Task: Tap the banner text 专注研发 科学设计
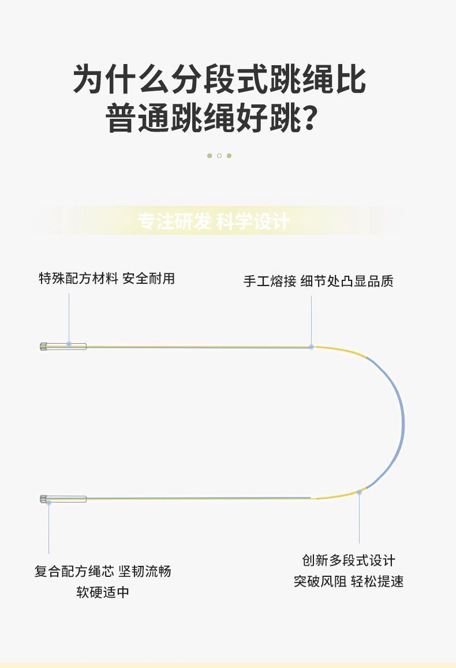214,222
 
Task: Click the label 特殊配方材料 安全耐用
107,279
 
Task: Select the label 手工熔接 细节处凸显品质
318,282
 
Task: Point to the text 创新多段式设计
349,560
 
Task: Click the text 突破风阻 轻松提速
349,581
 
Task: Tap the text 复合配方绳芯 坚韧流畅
103,571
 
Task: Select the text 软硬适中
103,592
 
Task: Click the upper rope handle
63,346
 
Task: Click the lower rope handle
63,499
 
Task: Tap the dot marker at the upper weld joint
311,347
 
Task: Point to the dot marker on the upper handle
69,344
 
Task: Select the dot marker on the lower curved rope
359,492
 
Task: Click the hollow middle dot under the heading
219,156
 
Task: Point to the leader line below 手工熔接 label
311,320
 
